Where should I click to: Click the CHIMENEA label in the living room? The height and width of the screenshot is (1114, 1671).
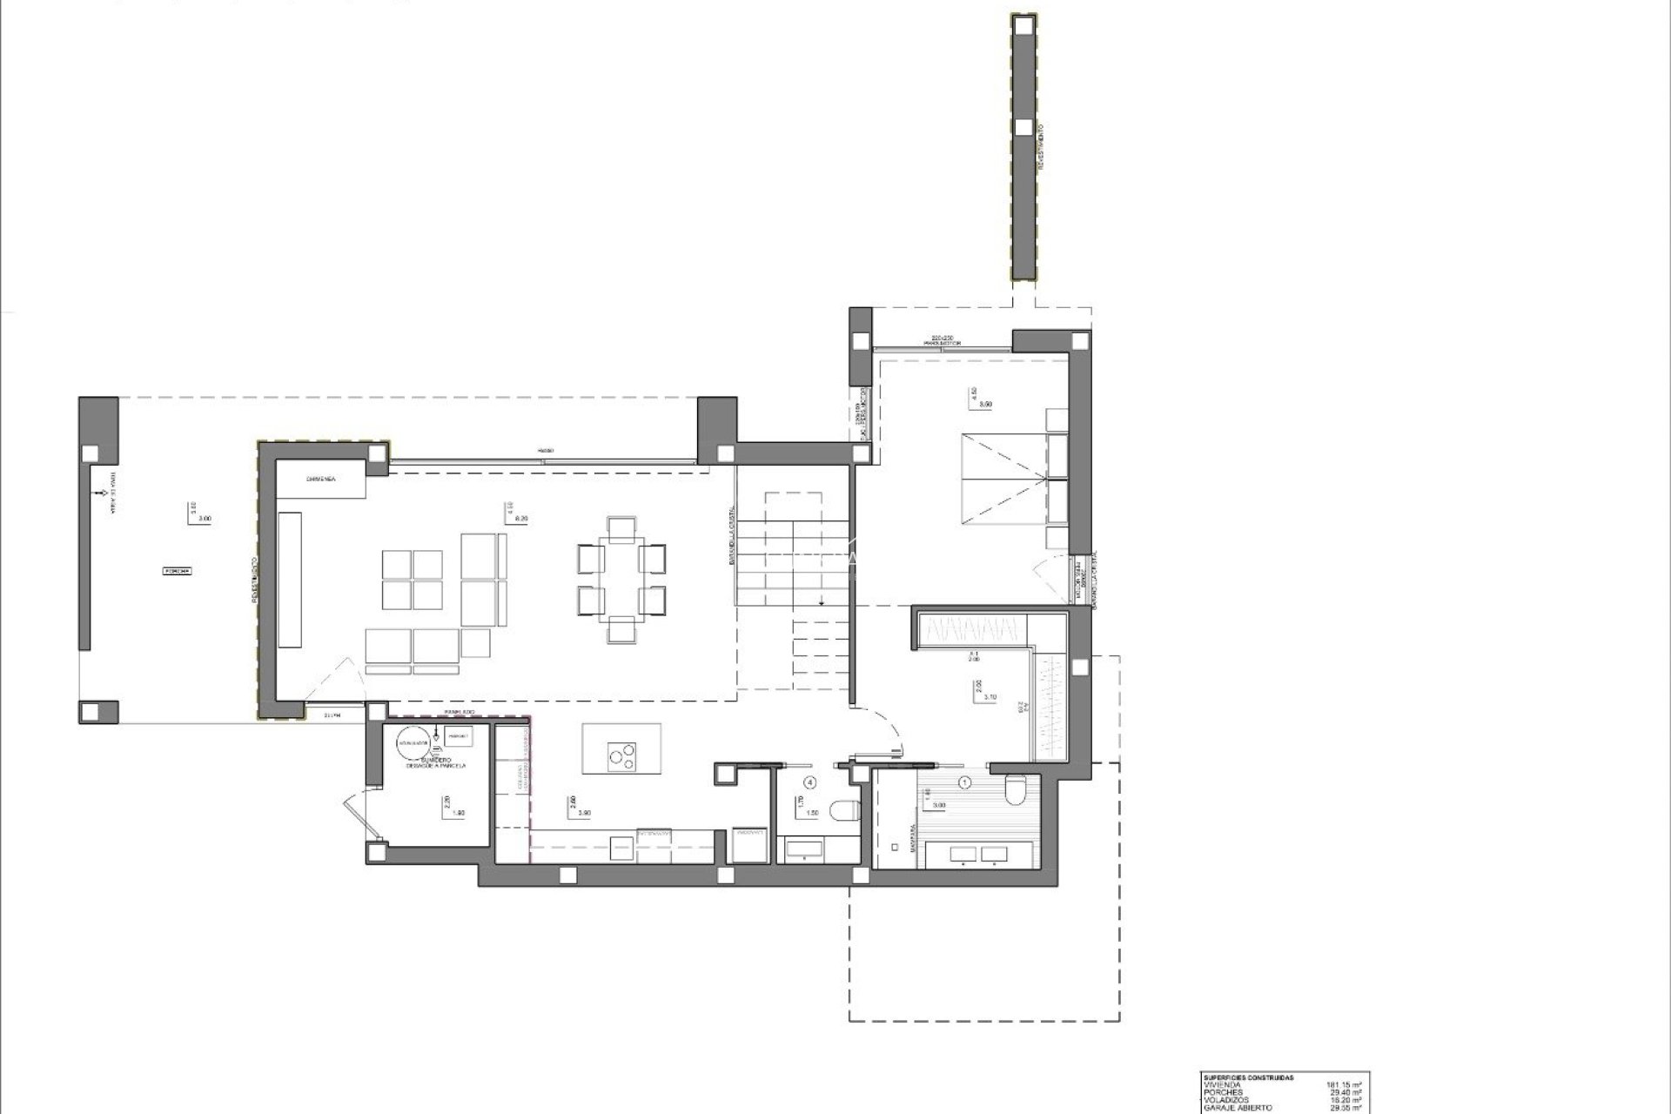[x=321, y=480]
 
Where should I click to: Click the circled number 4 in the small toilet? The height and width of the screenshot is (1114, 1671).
[x=811, y=782]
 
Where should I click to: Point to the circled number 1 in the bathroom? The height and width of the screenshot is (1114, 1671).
[x=963, y=782]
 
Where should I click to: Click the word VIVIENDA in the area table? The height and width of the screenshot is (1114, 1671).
[x=1223, y=1085]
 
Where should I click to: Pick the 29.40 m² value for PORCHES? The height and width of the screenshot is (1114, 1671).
[x=1344, y=1092]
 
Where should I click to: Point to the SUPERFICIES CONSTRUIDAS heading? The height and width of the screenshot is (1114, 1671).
[x=1248, y=1077]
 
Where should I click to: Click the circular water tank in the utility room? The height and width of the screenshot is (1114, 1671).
[x=410, y=742]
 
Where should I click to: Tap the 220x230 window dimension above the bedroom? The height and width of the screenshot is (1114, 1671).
[x=942, y=338]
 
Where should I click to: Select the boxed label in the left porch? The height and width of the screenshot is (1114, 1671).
[x=178, y=572]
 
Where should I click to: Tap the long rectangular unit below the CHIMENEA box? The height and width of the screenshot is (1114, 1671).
[x=291, y=579]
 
